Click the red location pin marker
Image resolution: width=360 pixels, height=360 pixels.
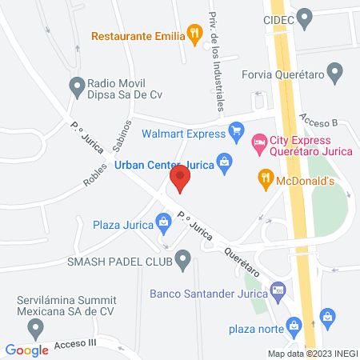[181, 178]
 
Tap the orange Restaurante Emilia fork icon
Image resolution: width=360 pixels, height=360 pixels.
[194, 34]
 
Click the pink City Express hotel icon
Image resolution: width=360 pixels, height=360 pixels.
[258, 142]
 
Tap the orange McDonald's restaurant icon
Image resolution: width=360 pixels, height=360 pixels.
[264, 178]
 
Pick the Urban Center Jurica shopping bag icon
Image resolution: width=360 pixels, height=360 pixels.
[226, 163]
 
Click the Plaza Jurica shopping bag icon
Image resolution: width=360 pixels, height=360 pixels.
[165, 221]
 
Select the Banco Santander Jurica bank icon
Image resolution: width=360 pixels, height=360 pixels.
[278, 290]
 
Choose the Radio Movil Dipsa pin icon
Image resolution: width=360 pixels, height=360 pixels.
[78, 84]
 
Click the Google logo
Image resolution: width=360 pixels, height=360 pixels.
[27, 350]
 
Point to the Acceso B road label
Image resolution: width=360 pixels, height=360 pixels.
[320, 119]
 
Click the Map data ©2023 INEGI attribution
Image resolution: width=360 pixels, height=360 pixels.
[312, 354]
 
